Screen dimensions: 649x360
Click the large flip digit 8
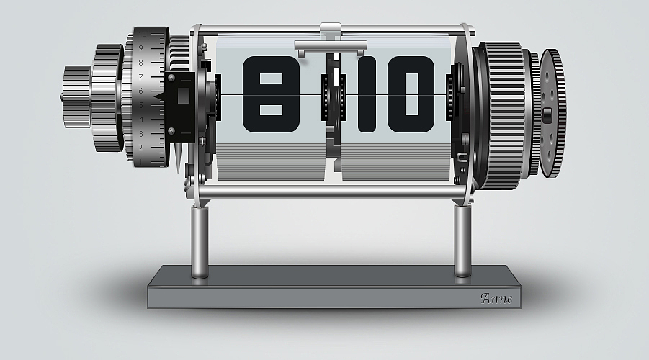point(271,94)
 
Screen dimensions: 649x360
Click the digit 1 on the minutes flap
point(367,94)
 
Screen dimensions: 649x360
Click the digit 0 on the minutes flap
point(411,94)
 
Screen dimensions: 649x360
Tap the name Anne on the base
point(496,298)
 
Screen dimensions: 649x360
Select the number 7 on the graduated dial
point(140,77)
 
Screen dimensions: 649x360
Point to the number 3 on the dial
point(140,134)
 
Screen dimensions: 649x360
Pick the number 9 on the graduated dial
point(140,48)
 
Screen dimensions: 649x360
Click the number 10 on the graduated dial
point(142,35)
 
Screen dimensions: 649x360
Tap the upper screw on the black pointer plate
point(171,77)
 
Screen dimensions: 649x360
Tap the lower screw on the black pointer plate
point(171,131)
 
